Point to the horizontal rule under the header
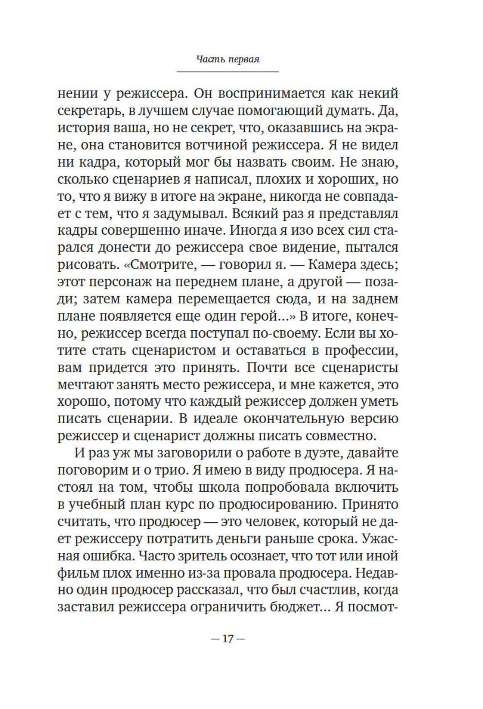pyautogui.click(x=227, y=72)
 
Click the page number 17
pyautogui.click(x=227, y=638)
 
